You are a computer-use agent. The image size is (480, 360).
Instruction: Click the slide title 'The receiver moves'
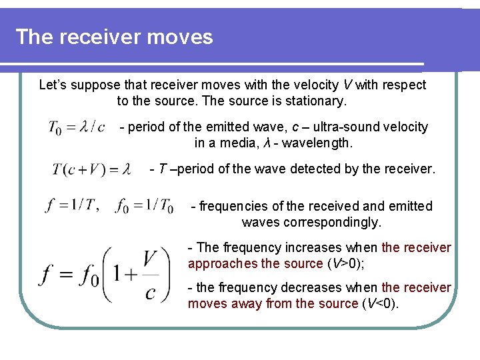pos(114,37)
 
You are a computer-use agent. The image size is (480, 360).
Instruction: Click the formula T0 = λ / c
pos(77,127)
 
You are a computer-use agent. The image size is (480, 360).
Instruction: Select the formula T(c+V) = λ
pos(91,169)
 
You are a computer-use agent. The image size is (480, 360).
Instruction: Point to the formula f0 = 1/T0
pos(144,205)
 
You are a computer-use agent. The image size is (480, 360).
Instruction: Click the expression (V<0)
pos(380,303)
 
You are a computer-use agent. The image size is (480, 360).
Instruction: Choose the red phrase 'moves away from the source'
pos(273,303)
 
